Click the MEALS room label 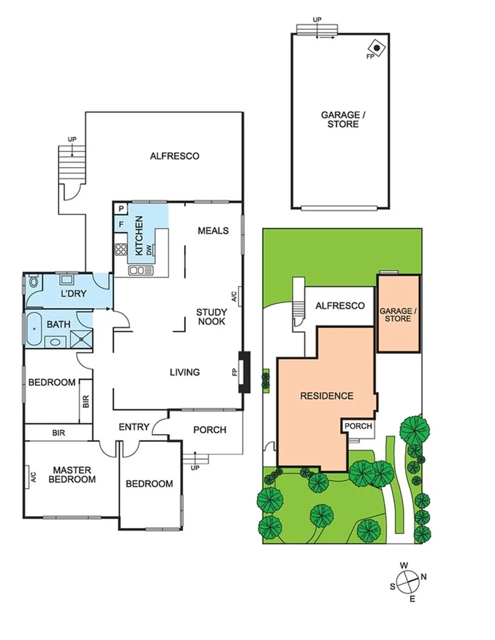pos(212,230)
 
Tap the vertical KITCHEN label pos(139,235)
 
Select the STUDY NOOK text pos(212,316)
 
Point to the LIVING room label pos(185,372)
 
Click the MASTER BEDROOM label pos(73,474)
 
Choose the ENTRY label pos(133,427)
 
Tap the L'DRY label pos(72,294)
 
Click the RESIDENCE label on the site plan pos(326,396)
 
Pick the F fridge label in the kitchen pos(121,224)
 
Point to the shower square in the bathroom pos(83,338)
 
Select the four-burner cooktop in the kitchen pos(121,249)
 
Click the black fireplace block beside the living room pos(243,372)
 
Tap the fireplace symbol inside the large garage pos(377,48)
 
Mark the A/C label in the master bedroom pos(32,477)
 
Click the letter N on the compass pos(424,576)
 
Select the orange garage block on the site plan pos(398,314)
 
